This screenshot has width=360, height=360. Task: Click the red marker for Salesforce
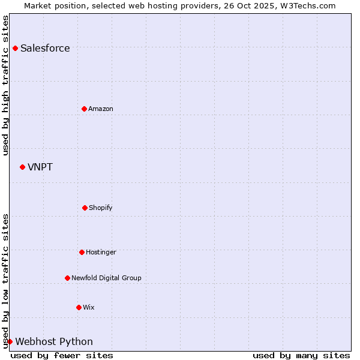pos(15,48)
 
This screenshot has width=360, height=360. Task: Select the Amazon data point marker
pos(84,109)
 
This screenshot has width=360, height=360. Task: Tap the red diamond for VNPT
pos(22,167)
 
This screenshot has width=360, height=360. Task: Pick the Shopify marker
pos(85,208)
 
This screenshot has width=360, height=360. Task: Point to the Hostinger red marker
pos(82,252)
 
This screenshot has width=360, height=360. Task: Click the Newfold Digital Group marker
pos(67,278)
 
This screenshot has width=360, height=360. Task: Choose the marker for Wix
pos(79,307)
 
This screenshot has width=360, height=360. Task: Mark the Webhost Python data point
pos(10,341)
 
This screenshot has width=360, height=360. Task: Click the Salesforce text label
pos(45,49)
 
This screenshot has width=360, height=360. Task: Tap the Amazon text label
pos(101,109)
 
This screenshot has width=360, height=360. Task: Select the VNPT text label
pos(40,167)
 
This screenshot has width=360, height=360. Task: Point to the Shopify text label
pos(101,208)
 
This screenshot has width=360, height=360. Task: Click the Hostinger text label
pos(101,252)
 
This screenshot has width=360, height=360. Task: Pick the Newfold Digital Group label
pos(106,278)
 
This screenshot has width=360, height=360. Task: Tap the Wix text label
pos(89,307)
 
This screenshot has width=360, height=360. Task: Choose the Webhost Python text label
pos(54,342)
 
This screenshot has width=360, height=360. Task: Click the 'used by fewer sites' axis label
pos(62,355)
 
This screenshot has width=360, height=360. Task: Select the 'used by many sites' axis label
pos(301,355)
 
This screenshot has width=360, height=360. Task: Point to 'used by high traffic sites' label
pos(5,85)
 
